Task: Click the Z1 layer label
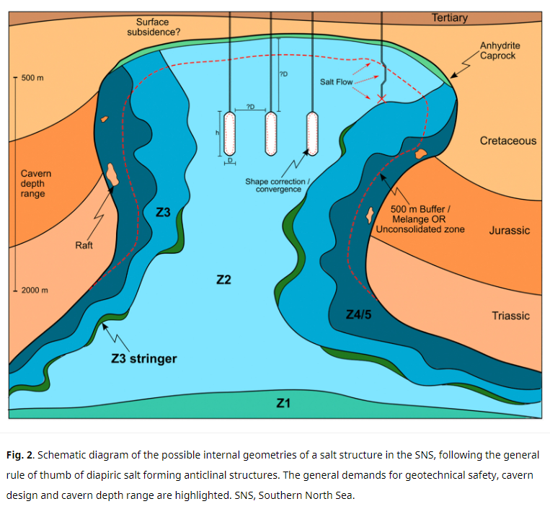tap(283, 403)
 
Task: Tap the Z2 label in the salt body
tap(223, 280)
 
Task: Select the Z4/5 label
tap(358, 314)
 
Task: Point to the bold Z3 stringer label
tap(144, 359)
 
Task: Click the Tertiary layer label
tap(450, 17)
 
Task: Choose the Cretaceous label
tap(508, 141)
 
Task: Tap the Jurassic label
tap(510, 231)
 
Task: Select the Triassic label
tap(510, 316)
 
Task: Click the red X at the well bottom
tap(381, 99)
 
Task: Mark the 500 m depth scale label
tap(32, 78)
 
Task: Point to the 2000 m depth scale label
tap(35, 290)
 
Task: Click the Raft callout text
tap(84, 245)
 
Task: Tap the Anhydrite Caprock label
tap(500, 50)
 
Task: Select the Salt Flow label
tap(336, 82)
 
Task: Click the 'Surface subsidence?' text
tap(154, 27)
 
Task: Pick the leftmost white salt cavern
tap(229, 133)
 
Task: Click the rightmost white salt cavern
tap(312, 133)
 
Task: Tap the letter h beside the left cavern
tap(217, 133)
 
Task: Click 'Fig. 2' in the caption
tap(20, 455)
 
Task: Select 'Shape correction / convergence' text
tap(278, 185)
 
